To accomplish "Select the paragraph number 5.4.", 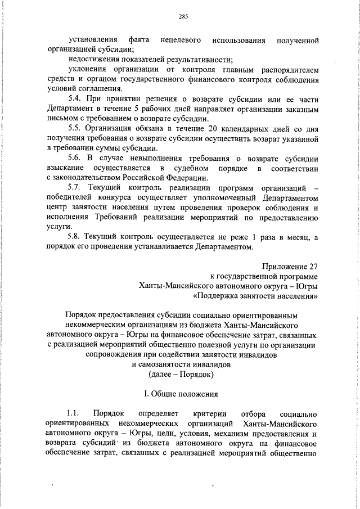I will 75,99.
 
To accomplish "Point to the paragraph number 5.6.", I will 75,159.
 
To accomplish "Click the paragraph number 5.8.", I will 75,238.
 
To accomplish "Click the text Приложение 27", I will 290,267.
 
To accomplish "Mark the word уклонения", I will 86,70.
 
